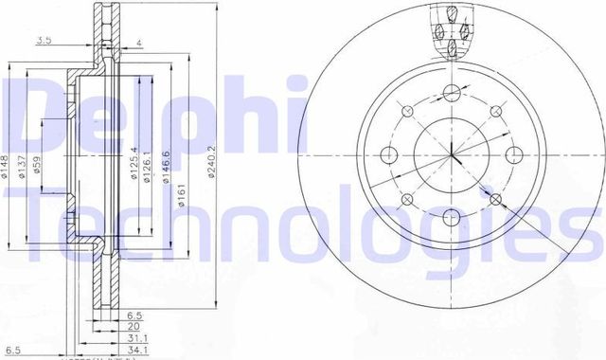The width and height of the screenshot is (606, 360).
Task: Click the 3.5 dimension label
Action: tap(44, 40)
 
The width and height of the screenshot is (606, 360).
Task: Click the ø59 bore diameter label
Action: tap(38, 166)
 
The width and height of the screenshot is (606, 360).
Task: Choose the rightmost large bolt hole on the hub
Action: tap(516, 154)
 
